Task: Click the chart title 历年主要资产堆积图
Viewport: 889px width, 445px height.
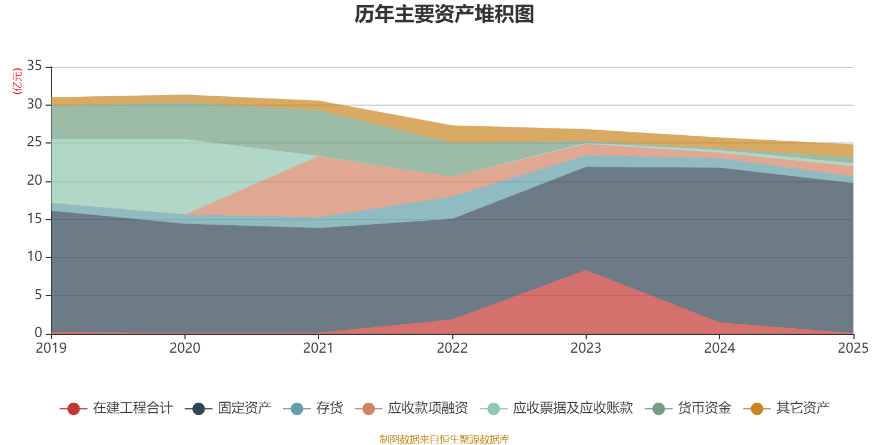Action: (x=444, y=14)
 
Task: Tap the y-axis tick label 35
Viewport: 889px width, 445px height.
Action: (x=34, y=66)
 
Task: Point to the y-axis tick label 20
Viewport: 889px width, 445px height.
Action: (x=34, y=180)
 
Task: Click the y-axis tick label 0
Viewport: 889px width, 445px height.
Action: (x=38, y=333)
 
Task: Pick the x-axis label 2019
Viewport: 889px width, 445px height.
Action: (x=51, y=348)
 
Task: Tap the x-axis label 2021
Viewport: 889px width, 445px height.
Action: (x=318, y=348)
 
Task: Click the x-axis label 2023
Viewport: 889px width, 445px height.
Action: (x=586, y=348)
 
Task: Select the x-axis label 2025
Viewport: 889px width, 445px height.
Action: (x=853, y=348)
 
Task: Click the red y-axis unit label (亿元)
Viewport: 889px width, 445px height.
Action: (x=17, y=81)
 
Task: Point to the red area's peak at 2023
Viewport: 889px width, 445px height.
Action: (x=586, y=271)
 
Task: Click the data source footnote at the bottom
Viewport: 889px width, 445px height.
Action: (x=444, y=439)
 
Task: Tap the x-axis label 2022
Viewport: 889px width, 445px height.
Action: (x=452, y=348)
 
